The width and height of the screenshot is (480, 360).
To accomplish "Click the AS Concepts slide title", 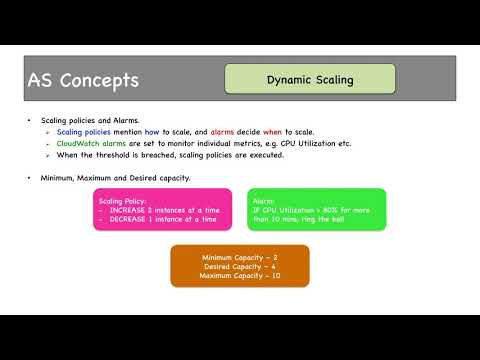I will tap(83, 80).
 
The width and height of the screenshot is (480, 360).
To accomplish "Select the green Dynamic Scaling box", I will tap(309, 79).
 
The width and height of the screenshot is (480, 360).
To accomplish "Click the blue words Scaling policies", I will tap(83, 132).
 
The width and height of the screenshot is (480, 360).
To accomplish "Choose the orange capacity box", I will tap(239, 265).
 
